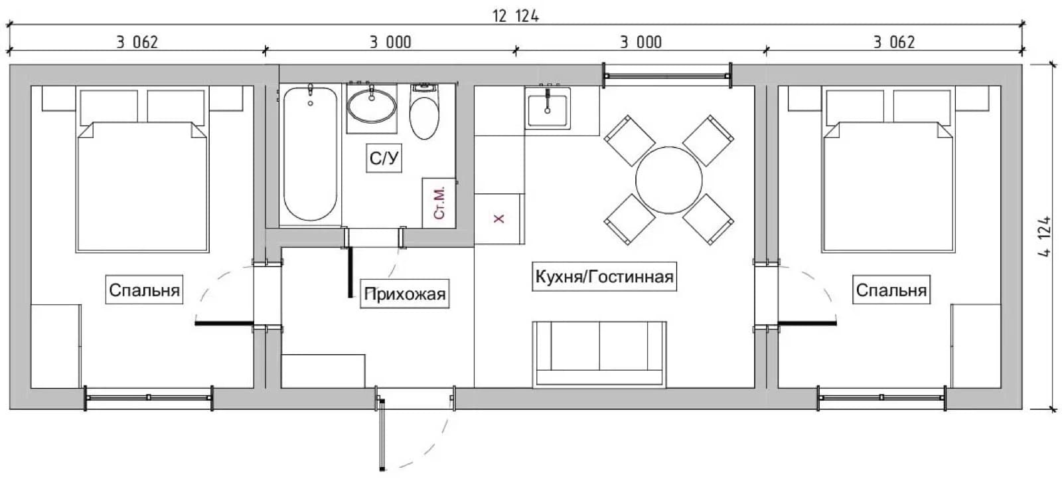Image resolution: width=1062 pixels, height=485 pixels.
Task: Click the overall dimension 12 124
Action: tap(515, 16)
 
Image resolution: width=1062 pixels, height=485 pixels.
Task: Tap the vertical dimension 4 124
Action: tap(1045, 237)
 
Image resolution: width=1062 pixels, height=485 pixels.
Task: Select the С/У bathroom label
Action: tap(384, 158)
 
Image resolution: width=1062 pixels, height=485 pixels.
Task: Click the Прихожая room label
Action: tap(405, 294)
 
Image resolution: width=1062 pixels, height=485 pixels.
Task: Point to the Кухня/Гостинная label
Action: tap(604, 276)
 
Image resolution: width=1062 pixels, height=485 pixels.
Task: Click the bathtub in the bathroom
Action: tap(311, 154)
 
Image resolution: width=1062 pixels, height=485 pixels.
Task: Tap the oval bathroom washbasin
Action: tap(372, 106)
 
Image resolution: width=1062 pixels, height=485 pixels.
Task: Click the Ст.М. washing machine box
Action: tap(439, 203)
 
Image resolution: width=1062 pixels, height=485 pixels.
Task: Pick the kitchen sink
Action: tap(548, 108)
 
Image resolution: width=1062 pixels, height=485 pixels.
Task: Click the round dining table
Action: tap(668, 180)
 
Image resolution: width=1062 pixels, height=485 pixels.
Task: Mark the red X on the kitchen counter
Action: tap(498, 219)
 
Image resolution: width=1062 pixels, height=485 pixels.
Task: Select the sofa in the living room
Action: tap(599, 354)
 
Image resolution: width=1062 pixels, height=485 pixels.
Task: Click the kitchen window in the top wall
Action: tap(666, 76)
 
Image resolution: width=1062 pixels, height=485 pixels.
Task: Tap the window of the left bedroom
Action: tap(149, 398)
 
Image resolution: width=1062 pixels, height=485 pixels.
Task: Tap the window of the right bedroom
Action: tap(881, 398)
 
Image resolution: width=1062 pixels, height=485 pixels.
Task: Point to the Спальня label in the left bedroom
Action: tap(144, 290)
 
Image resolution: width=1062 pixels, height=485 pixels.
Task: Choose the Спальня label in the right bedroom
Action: tap(891, 290)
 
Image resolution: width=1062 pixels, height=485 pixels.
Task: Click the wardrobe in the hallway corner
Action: tap(323, 371)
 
